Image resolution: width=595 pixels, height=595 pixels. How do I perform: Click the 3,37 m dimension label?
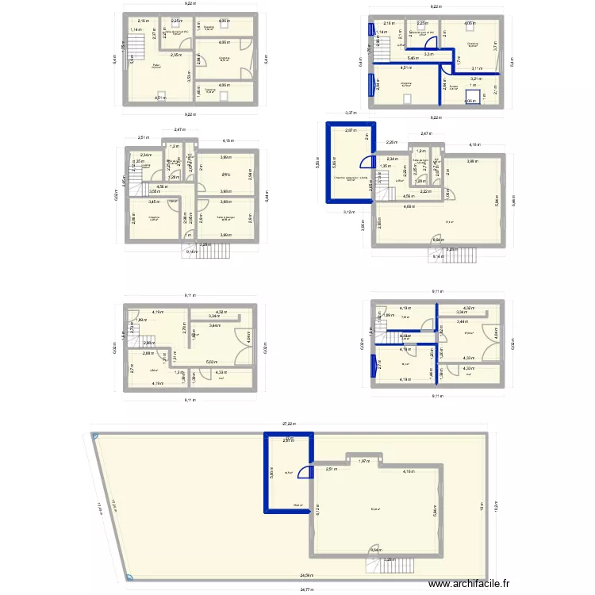coord(349,113)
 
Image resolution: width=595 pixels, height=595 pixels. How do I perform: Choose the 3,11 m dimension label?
coord(476,69)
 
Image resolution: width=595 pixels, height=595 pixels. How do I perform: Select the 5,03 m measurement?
coord(212,362)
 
